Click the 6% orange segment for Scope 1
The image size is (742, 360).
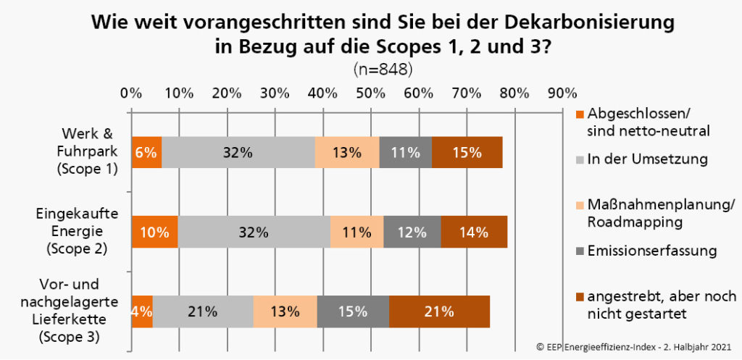[x=146, y=152]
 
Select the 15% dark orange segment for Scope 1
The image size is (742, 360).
[x=467, y=152]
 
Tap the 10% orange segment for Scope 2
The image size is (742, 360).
[x=154, y=233]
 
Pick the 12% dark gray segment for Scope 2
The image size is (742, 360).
[x=412, y=233]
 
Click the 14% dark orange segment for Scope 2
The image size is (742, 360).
[x=473, y=233]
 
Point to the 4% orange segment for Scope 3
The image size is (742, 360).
[x=142, y=312]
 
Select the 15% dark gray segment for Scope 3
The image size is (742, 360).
[x=353, y=312]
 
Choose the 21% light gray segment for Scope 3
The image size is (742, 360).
[x=203, y=312]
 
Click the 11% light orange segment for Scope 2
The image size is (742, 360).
[x=357, y=233]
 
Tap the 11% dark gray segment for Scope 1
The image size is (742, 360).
[x=405, y=152]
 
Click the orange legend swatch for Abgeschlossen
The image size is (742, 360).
[x=578, y=114]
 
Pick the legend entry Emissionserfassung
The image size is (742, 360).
[x=652, y=251]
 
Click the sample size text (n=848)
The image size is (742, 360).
[x=383, y=70]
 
